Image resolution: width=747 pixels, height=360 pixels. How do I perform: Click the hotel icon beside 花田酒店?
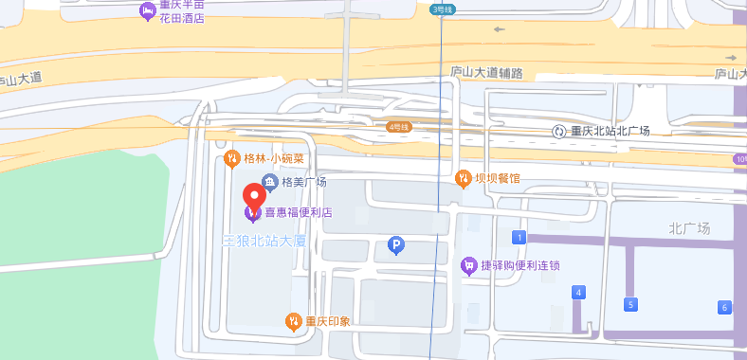click(x=147, y=11)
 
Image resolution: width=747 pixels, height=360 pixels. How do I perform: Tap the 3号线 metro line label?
click(x=443, y=9)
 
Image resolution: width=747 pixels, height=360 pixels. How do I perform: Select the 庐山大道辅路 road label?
click(x=486, y=73)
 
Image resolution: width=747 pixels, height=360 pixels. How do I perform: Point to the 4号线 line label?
click(x=399, y=127)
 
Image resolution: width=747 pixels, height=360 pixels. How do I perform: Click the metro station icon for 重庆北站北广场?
click(x=560, y=131)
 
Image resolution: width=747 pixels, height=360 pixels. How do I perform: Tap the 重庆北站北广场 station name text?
click(x=610, y=131)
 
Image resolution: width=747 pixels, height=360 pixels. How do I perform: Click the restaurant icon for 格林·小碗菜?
click(x=231, y=158)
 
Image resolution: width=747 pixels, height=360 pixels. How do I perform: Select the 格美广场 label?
click(x=303, y=182)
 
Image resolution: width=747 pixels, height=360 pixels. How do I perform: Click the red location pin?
click(x=254, y=196)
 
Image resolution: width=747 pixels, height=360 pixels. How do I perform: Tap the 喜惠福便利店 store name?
click(x=298, y=213)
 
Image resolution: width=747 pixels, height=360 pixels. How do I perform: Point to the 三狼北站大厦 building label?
click(x=264, y=242)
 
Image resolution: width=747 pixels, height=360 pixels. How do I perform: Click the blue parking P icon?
click(x=397, y=246)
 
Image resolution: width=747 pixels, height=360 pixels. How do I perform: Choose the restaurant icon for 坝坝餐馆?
click(x=463, y=177)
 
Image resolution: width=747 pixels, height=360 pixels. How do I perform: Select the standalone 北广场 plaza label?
click(x=689, y=228)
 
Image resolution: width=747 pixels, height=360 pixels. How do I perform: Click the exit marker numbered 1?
click(x=519, y=236)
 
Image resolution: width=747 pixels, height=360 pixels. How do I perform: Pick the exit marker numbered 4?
click(x=578, y=293)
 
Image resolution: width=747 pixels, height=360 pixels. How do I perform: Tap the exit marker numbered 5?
click(x=629, y=304)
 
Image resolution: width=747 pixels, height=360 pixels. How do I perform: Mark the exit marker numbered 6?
click(x=725, y=307)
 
